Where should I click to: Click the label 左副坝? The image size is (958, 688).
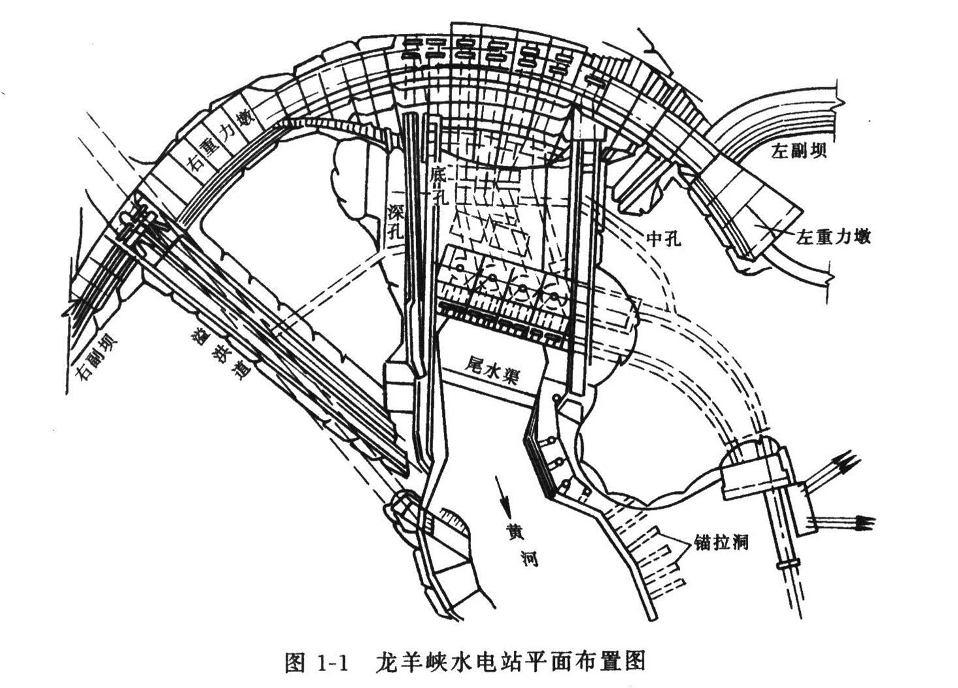tap(800, 152)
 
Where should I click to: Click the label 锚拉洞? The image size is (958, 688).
tap(721, 543)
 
